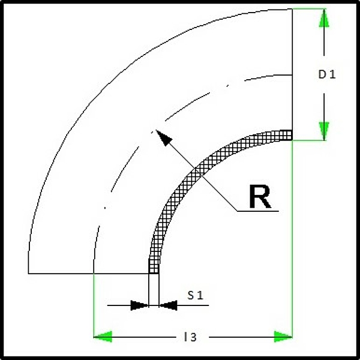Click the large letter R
click(x=260, y=197)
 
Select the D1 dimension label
click(x=327, y=74)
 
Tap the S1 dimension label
click(x=196, y=295)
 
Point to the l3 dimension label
click(x=190, y=337)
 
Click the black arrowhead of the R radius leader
click(x=163, y=138)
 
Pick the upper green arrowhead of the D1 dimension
click(x=324, y=19)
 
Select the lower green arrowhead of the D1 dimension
click(x=324, y=131)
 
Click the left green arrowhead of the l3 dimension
click(x=103, y=337)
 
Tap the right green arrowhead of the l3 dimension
click(x=283, y=337)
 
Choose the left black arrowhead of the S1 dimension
click(x=139, y=305)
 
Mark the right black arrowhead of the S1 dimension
click(x=168, y=305)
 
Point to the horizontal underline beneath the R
click(x=257, y=211)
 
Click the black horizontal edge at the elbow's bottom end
click(x=88, y=274)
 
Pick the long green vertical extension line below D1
click(x=292, y=239)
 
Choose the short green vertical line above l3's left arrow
click(x=94, y=305)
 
